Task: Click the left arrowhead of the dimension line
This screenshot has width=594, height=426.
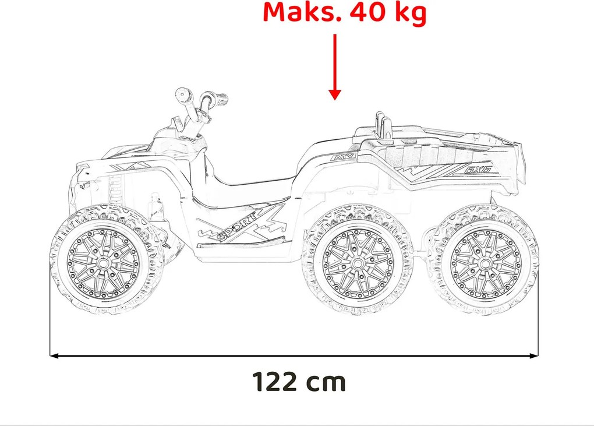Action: pos(54,354)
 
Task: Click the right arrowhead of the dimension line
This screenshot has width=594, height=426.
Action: pos(534,354)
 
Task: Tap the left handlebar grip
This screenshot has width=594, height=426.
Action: pos(182,94)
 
